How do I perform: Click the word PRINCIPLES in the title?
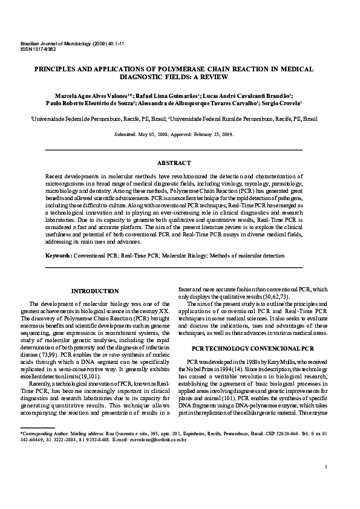coord(60,70)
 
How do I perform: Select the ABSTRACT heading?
coord(174,163)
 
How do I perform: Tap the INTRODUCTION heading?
coord(95,291)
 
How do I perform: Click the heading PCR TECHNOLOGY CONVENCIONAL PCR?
coord(252,349)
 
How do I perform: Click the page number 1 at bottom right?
coord(326,484)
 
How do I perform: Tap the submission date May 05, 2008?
coord(151,134)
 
